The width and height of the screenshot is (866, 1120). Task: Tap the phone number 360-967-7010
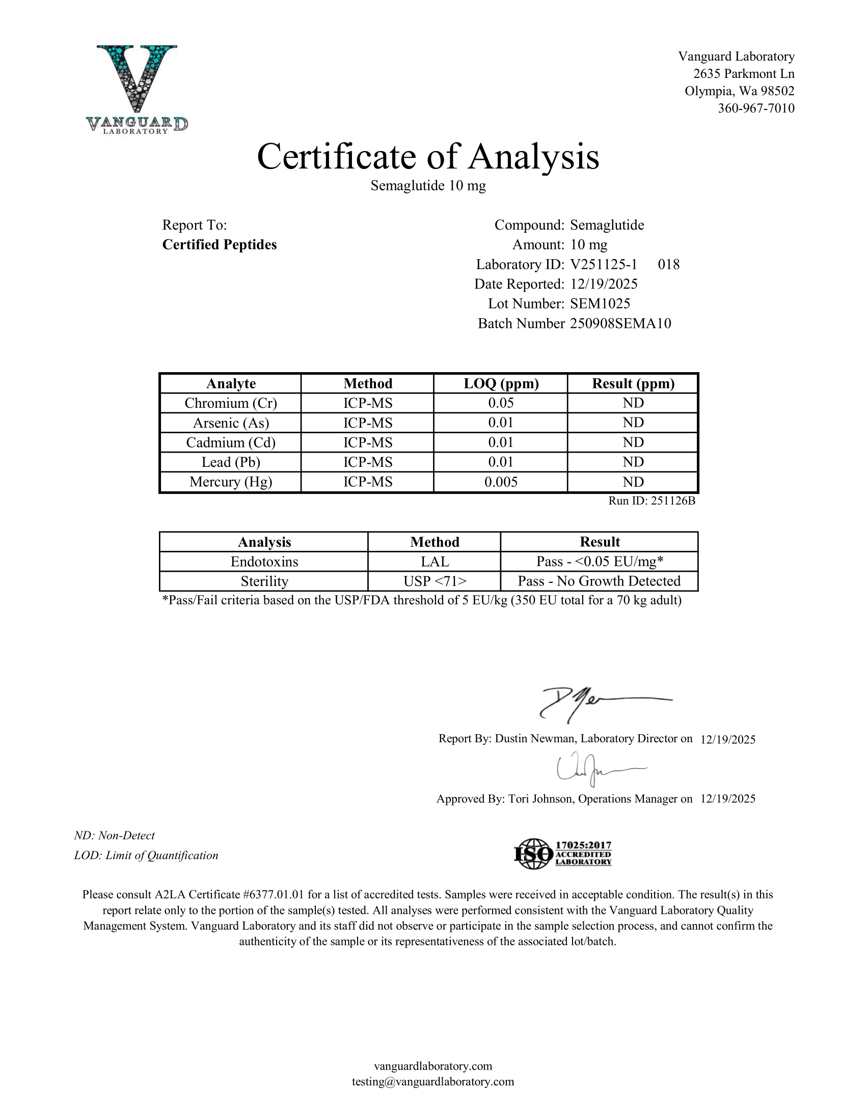click(x=755, y=108)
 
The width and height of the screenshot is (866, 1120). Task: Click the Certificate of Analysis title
click(x=428, y=156)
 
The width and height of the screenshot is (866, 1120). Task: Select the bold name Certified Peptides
click(x=220, y=244)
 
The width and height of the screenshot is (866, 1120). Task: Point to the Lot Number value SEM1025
click(x=600, y=303)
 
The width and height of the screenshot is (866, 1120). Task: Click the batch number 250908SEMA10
click(x=620, y=324)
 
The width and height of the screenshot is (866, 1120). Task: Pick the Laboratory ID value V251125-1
click(x=603, y=265)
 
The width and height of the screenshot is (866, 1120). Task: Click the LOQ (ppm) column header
click(x=501, y=383)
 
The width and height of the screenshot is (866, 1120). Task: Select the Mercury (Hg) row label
click(x=231, y=482)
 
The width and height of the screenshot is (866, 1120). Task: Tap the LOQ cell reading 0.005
click(x=501, y=482)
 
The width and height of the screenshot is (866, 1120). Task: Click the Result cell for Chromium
click(x=633, y=403)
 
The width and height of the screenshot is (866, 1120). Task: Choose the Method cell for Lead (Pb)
click(x=368, y=463)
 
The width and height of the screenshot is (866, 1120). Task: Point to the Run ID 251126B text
click(x=652, y=501)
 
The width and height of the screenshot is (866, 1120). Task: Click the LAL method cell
click(x=435, y=562)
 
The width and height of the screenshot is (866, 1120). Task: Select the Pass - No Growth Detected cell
click(x=599, y=581)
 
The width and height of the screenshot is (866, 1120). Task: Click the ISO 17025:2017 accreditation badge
click(x=563, y=854)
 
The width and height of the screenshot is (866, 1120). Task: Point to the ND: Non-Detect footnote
click(x=115, y=835)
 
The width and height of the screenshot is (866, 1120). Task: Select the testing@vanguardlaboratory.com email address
click(x=432, y=1081)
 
